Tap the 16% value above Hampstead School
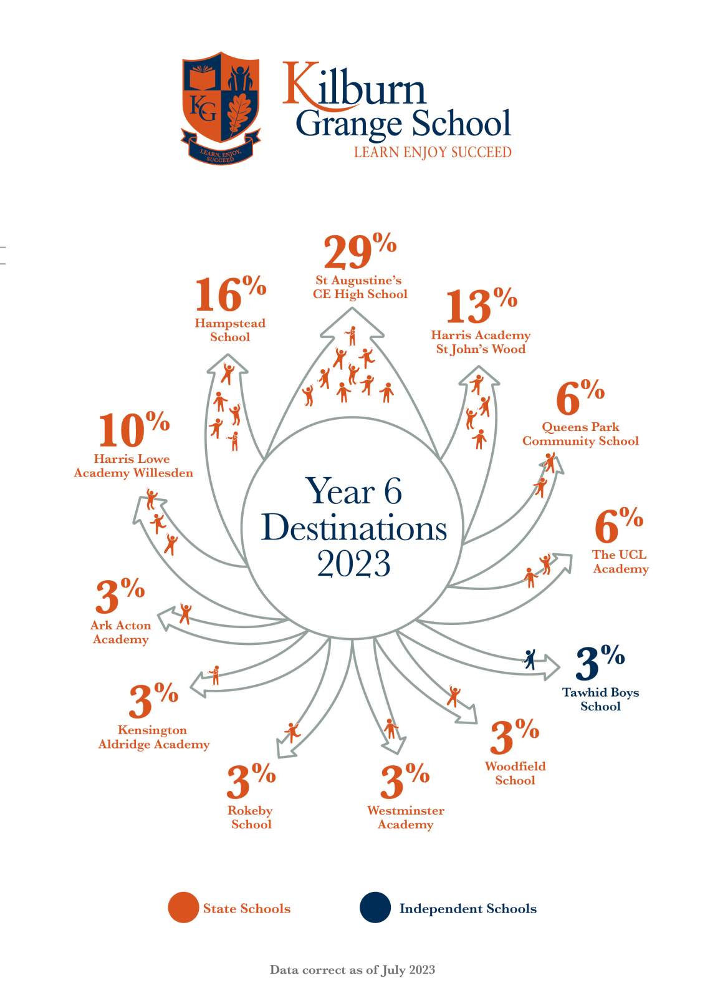(229, 294)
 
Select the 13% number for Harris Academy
(480, 306)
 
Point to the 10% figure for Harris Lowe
(133, 430)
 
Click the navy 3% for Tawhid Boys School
(598, 663)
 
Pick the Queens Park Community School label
(580, 434)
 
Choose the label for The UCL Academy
(620, 561)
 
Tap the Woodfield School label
(515, 773)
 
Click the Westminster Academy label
(405, 818)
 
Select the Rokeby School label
(251, 817)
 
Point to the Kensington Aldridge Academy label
(153, 737)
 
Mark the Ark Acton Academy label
(120, 632)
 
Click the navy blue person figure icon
(530, 659)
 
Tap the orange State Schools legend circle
(183, 908)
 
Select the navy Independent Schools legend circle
(375, 908)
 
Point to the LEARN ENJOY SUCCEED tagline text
(433, 152)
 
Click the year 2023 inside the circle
(353, 564)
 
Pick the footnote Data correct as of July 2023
(352, 970)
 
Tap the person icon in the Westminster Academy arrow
(391, 728)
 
